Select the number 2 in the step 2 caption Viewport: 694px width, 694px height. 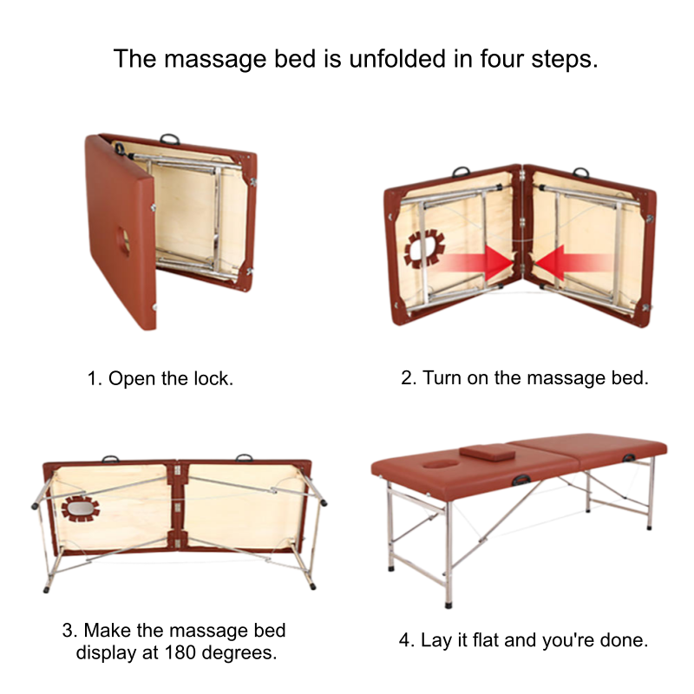coord(405,379)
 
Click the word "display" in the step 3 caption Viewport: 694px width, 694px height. coord(107,651)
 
